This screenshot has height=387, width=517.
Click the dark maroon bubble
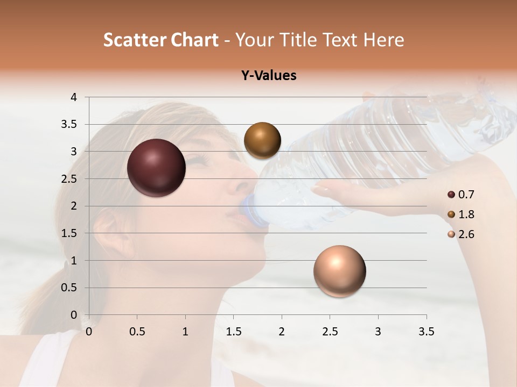pyautogui.click(x=157, y=168)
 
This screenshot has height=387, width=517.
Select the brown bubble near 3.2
pyautogui.click(x=262, y=140)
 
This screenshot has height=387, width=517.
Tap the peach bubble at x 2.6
pyautogui.click(x=339, y=271)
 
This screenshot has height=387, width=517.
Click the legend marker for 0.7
pyautogui.click(x=451, y=195)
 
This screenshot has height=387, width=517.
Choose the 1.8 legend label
pyautogui.click(x=466, y=214)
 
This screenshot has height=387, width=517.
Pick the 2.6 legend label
pyautogui.click(x=466, y=234)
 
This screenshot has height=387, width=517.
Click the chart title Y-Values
pyautogui.click(x=269, y=76)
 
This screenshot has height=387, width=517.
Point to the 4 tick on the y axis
pyautogui.click(x=74, y=97)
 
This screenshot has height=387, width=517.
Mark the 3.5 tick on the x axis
pyautogui.click(x=426, y=332)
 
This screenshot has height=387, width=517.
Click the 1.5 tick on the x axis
pyautogui.click(x=233, y=332)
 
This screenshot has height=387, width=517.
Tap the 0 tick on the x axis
pyautogui.click(x=89, y=332)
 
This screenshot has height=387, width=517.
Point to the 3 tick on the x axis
pyautogui.click(x=378, y=332)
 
